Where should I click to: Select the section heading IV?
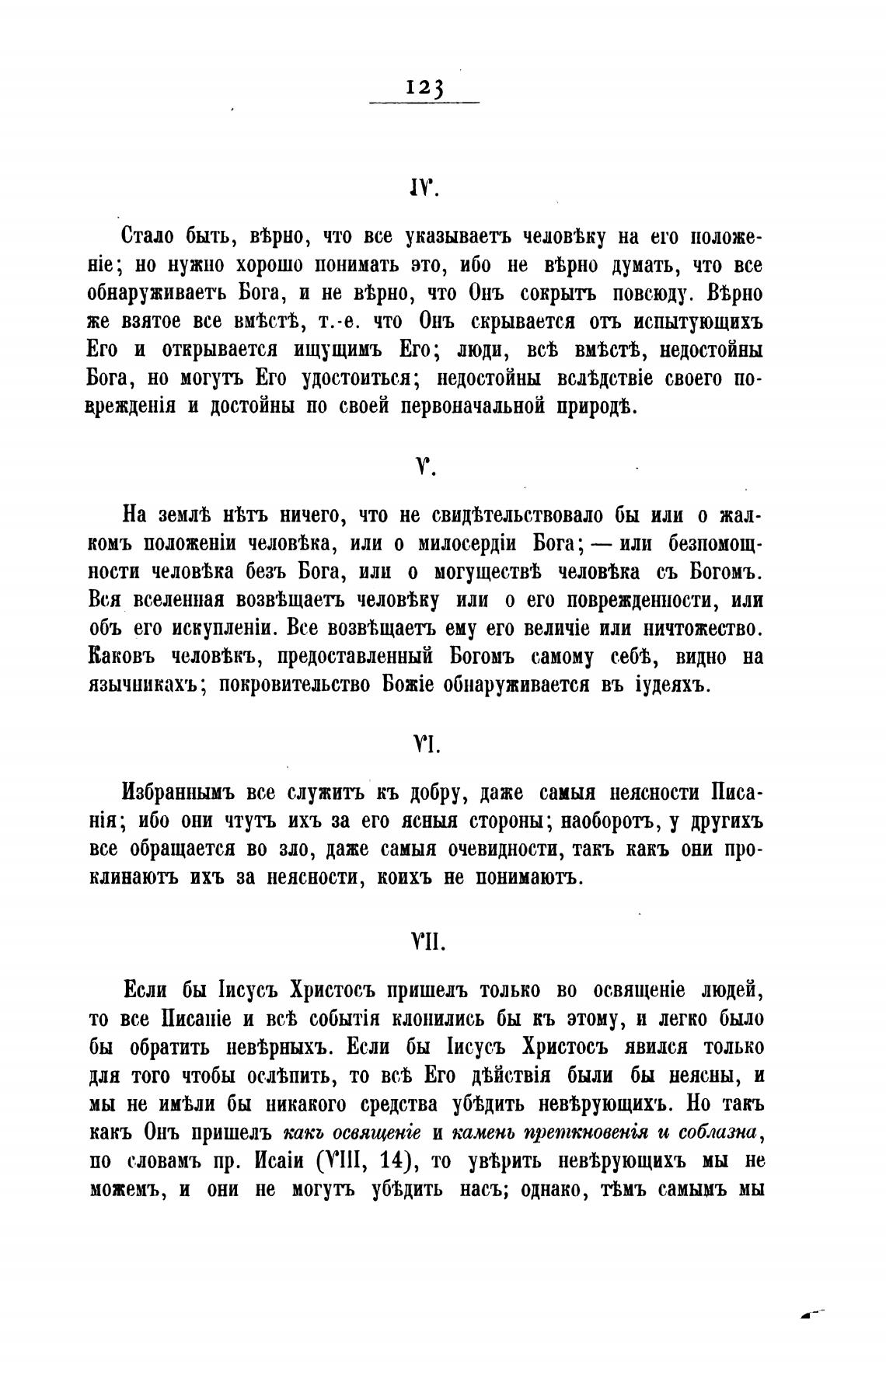(x=424, y=189)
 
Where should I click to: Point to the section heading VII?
(x=425, y=943)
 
